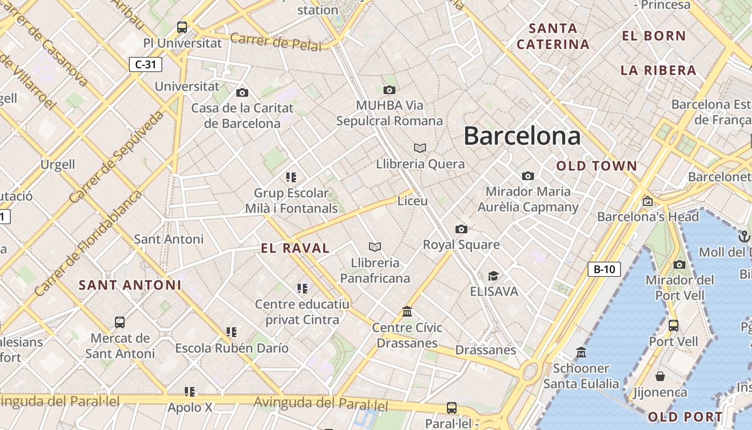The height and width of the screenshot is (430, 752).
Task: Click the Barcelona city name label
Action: [x=522, y=135]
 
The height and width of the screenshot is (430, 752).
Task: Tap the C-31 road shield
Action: [x=146, y=64]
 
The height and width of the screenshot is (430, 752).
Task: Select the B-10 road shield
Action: [x=604, y=269]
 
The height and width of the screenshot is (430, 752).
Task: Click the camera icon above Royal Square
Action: [x=461, y=230]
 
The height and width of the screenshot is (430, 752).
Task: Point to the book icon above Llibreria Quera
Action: [x=420, y=148]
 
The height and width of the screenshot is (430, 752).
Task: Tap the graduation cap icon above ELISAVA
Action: [x=493, y=276]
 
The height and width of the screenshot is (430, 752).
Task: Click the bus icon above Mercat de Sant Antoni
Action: [x=120, y=322]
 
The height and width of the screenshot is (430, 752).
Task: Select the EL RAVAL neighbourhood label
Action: [x=295, y=248]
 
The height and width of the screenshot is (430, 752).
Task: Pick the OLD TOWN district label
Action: [x=596, y=166]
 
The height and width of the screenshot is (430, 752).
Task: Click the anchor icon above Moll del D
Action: [x=744, y=236]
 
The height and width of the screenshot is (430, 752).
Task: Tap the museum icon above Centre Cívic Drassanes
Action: [x=407, y=312]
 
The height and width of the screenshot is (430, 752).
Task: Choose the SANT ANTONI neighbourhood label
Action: [x=130, y=285]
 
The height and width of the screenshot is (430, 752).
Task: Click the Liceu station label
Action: [x=413, y=201]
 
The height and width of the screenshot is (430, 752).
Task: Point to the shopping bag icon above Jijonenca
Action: [x=660, y=376]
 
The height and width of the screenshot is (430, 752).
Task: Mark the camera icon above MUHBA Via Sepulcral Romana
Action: [x=389, y=90]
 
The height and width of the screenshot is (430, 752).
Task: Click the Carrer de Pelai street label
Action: [x=276, y=42]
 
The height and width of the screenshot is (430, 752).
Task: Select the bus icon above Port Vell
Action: [x=673, y=325]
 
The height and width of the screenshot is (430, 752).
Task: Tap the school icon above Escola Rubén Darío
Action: [x=232, y=332]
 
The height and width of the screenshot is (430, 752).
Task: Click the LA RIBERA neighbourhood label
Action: [x=658, y=70]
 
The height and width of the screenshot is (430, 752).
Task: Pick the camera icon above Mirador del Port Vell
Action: [x=679, y=264]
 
